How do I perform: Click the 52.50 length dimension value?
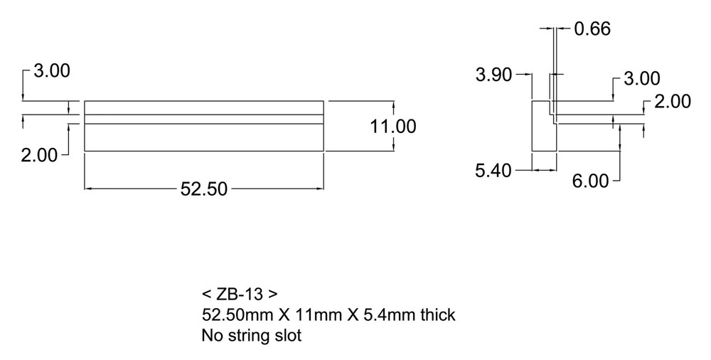(203, 189)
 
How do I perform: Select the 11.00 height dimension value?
(392, 127)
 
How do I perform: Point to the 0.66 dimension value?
(592, 29)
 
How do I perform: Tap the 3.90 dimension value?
(493, 75)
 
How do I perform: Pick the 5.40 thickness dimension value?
(493, 171)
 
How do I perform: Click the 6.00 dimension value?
(591, 181)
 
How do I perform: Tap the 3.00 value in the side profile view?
(641, 79)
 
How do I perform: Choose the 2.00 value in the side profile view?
(672, 102)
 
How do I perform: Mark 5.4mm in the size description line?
(382, 314)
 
